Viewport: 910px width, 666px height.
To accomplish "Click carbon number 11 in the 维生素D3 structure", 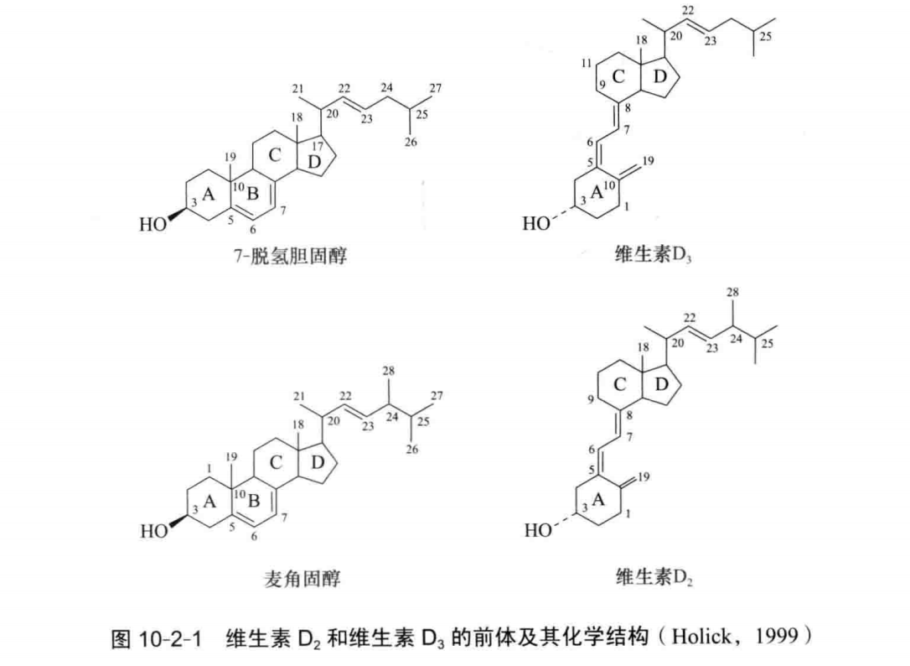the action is [x=587, y=64].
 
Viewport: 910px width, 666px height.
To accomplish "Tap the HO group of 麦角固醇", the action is [x=153, y=531].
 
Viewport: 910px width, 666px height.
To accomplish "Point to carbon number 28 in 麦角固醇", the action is [x=390, y=370].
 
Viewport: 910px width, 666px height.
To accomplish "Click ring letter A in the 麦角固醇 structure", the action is [x=209, y=501].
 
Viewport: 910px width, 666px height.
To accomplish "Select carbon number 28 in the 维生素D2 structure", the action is [x=733, y=292].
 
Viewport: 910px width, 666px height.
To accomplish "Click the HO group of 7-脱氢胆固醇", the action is [x=153, y=224].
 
